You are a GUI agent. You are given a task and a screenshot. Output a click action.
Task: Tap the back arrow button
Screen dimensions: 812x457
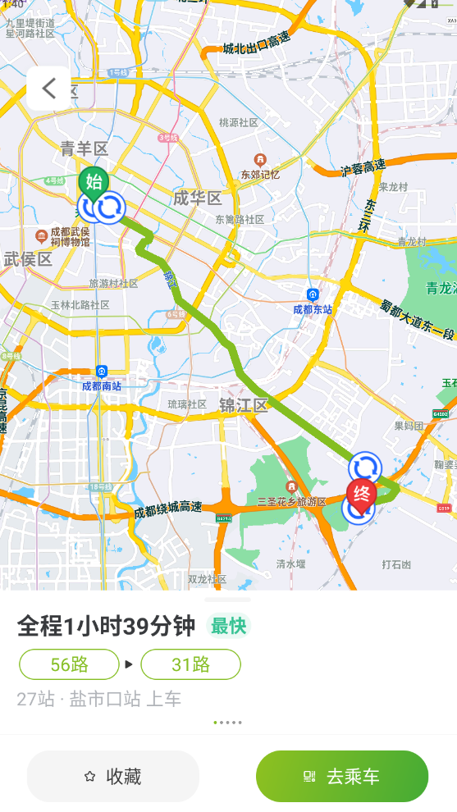(48, 88)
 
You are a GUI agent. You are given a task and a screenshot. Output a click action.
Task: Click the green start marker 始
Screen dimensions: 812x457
(94, 182)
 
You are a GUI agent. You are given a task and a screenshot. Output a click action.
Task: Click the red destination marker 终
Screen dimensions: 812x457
(361, 494)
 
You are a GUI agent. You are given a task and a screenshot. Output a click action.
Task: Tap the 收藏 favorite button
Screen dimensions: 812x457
(113, 776)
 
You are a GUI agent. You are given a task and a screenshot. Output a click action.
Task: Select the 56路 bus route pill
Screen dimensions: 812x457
(69, 664)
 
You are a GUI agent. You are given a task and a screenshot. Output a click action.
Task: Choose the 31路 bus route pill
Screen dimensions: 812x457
(190, 664)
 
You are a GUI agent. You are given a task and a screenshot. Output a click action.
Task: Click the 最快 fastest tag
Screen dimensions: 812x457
(228, 627)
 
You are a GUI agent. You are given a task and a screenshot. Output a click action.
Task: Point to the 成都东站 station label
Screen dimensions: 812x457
(313, 308)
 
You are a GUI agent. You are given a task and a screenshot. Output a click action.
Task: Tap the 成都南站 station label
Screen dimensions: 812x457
(101, 385)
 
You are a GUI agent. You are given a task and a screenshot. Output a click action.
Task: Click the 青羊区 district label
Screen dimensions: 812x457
(85, 148)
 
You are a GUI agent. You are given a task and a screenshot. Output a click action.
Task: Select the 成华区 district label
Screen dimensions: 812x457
(198, 198)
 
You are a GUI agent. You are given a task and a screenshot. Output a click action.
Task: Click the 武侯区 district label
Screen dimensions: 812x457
(28, 259)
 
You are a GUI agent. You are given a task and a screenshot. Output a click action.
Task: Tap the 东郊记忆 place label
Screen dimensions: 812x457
(260, 174)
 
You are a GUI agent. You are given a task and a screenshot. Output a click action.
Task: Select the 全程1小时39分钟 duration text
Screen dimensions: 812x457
(106, 627)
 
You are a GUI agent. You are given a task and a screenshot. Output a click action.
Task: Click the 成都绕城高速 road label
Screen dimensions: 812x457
(167, 509)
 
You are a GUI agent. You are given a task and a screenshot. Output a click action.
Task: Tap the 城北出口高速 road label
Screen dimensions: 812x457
(256, 43)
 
